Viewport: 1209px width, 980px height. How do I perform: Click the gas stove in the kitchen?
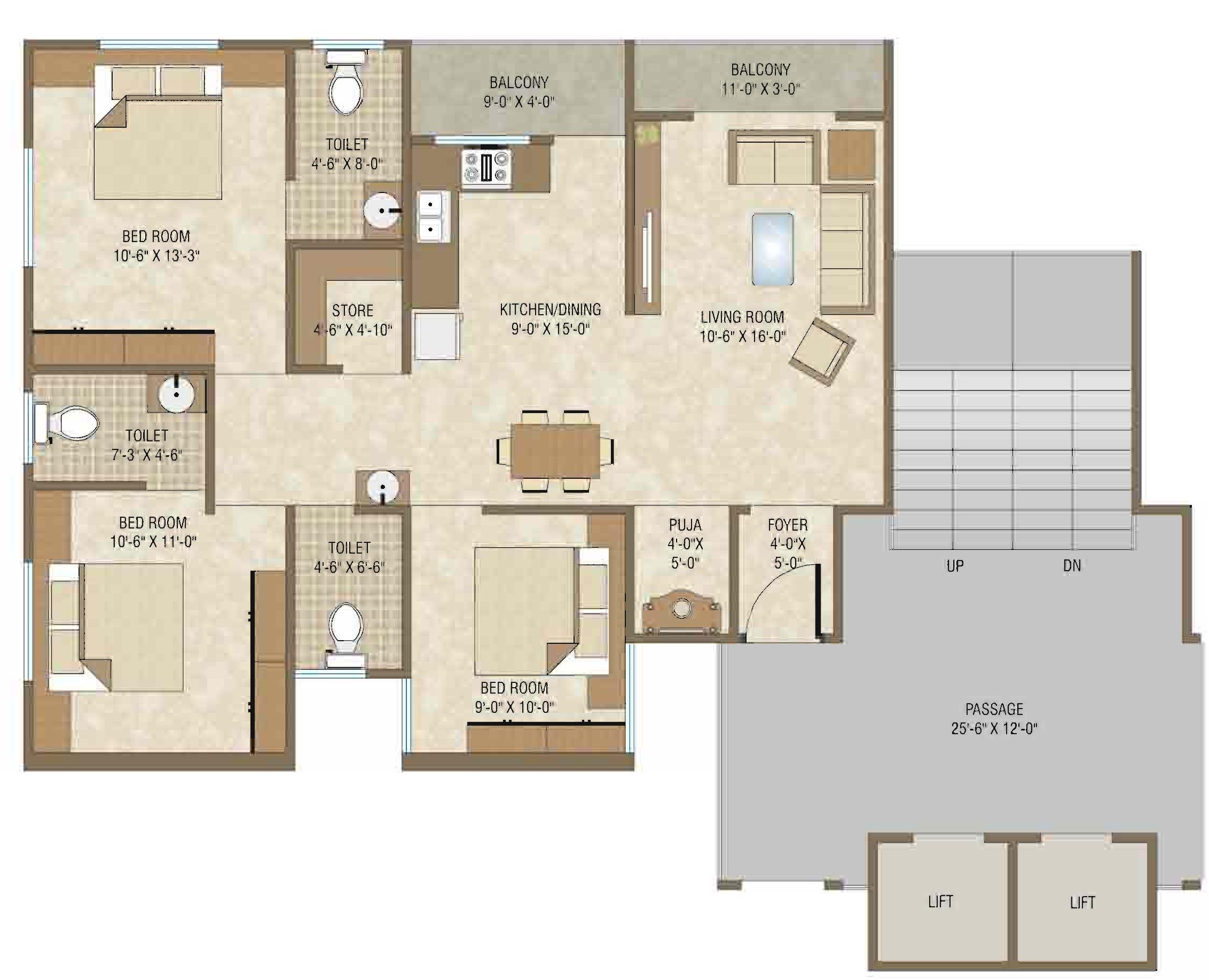(x=486, y=167)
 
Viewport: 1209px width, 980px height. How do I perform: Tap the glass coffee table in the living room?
(x=772, y=249)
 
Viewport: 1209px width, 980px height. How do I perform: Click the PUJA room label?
(x=685, y=525)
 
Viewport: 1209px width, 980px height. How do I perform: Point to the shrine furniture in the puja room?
(x=681, y=612)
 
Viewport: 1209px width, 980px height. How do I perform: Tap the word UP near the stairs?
(x=955, y=566)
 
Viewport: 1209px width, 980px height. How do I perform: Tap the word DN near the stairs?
(x=1071, y=566)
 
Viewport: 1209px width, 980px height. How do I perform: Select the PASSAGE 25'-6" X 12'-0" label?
(x=994, y=719)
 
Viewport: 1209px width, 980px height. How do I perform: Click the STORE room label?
(x=352, y=311)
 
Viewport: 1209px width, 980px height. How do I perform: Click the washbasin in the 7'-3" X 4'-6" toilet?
(x=176, y=393)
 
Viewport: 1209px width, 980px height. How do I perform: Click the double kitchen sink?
(x=433, y=216)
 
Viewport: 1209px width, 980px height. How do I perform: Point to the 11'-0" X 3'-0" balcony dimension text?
(x=760, y=89)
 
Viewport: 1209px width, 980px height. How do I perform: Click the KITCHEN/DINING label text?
(x=550, y=309)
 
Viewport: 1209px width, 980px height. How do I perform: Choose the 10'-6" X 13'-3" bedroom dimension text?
(x=156, y=256)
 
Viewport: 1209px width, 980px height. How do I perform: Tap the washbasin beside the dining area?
(x=382, y=487)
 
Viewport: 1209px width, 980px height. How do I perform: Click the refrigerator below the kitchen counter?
(x=437, y=336)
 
